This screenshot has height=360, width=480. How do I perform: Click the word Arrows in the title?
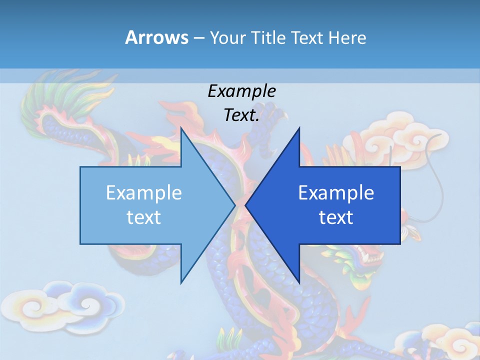point(156,37)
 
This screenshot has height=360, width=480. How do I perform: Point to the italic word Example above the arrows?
point(241,91)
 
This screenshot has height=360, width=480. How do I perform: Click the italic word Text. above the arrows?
point(241,115)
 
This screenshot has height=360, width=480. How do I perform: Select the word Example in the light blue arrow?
point(144,192)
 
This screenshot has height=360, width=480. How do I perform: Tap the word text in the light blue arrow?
point(144,217)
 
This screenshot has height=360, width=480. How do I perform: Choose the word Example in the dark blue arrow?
point(336,192)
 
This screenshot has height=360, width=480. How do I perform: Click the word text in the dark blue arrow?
point(336,217)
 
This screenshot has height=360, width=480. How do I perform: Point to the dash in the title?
point(198,38)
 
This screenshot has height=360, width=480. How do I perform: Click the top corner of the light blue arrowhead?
point(181,129)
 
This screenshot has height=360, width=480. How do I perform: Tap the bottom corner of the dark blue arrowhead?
point(299,282)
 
